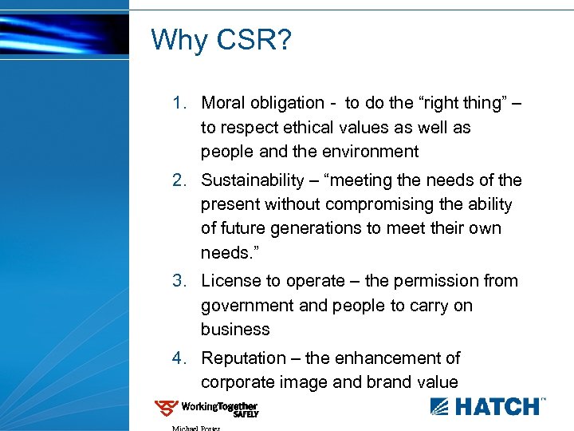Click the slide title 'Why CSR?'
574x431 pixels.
tap(221, 39)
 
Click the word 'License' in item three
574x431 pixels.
tap(230, 281)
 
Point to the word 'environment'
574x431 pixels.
tap(372, 152)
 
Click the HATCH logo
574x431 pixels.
tap(488, 405)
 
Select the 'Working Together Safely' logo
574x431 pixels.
tap(206, 409)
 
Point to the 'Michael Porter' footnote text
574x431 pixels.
tap(195, 428)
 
